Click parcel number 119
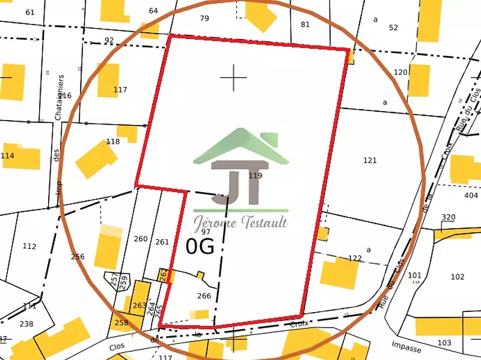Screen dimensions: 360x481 pos(256,176)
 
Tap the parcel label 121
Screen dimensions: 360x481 pos(370,160)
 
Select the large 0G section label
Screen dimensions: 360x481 pos(200,247)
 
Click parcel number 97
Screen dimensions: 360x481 pos(206,232)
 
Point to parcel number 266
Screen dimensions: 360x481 pos(204,296)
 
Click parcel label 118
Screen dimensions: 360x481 pos(112,142)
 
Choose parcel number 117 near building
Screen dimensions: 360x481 pos(120,90)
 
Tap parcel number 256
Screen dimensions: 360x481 pos(78,257)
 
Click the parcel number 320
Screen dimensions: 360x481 pos(449,217)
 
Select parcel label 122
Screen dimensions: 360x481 pos(355,259)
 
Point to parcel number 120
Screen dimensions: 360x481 pos(400,73)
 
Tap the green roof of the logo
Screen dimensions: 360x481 pos(240,146)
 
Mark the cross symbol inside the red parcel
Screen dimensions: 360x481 pos(233,77)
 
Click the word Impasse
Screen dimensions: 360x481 pos(406,347)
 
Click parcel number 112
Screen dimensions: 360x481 pos(29,247)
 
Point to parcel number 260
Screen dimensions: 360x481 pos(141,239)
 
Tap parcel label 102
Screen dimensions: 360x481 pos(458,277)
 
